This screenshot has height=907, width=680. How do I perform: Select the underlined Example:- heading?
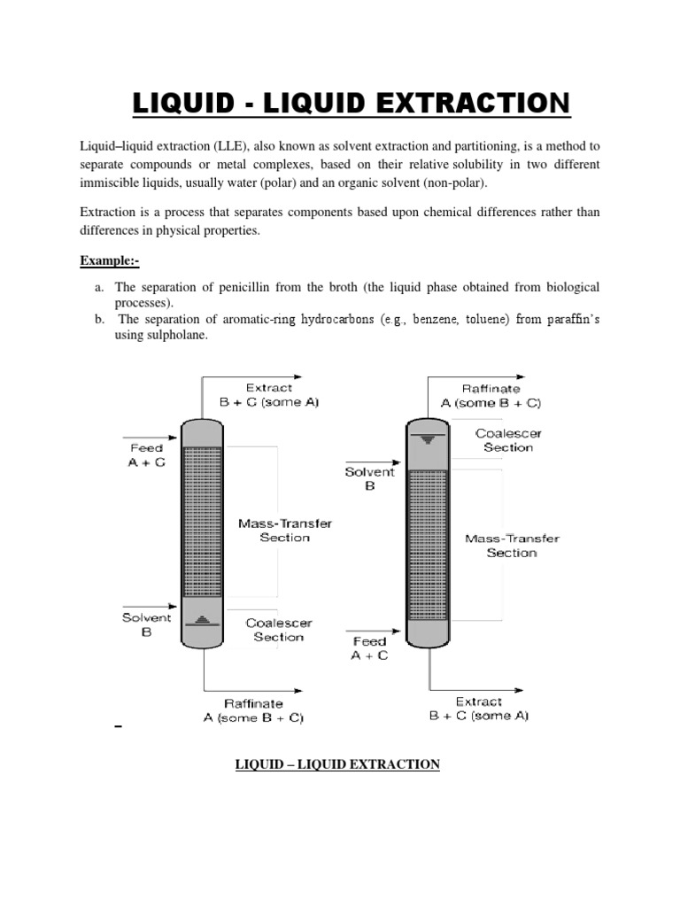(110, 260)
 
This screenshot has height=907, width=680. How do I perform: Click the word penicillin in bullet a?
(247, 288)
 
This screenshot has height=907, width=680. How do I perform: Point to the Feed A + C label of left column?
(146, 455)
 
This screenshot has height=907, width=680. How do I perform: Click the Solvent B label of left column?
(146, 625)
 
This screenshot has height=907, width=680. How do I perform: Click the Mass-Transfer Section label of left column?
(285, 530)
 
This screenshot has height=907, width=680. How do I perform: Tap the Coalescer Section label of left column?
(278, 629)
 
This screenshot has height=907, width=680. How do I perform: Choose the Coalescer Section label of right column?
(508, 440)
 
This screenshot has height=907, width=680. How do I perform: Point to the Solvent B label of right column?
(369, 479)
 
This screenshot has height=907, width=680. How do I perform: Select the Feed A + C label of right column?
(369, 648)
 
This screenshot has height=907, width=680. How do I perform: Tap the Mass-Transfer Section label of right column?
(512, 545)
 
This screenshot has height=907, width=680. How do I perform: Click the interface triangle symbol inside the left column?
(203, 621)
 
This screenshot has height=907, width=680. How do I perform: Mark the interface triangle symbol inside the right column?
(429, 438)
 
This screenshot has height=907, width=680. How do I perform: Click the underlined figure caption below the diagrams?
(337, 764)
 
